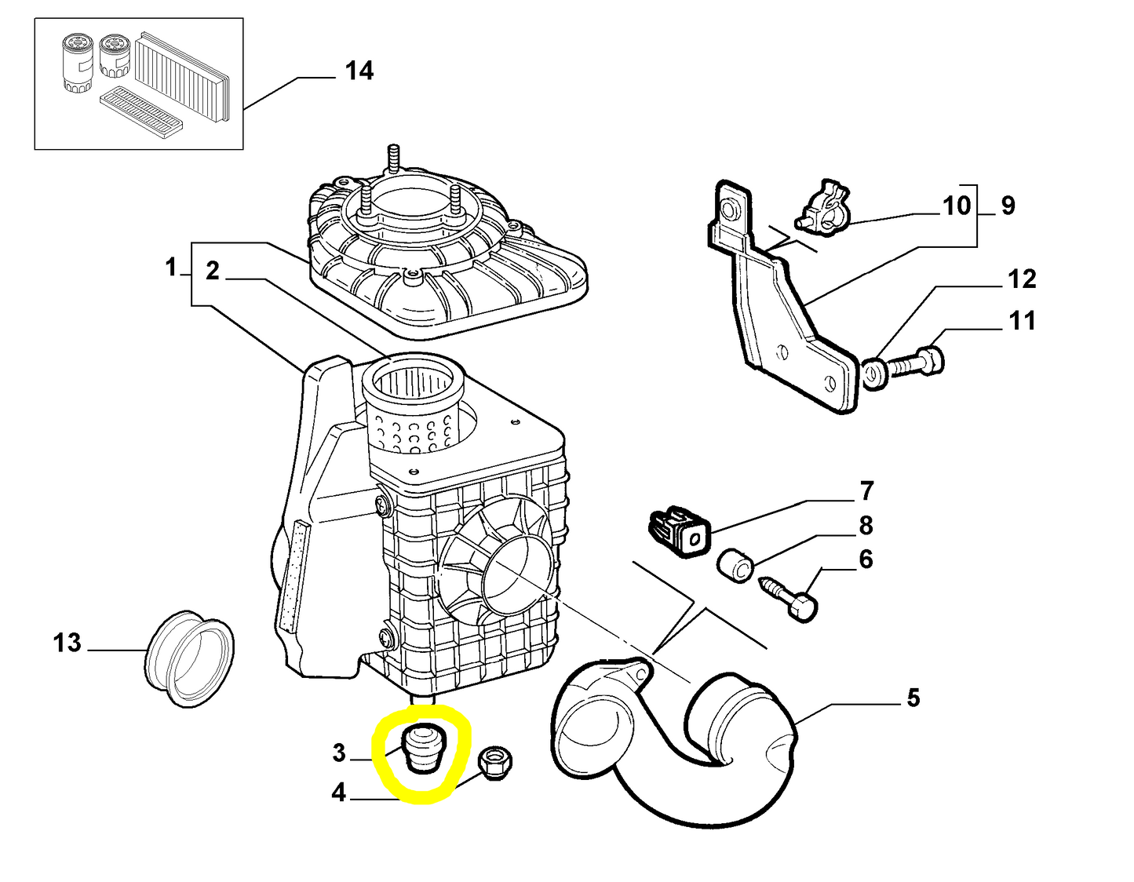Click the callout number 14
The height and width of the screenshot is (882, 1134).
359,71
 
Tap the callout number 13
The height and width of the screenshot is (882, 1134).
67,643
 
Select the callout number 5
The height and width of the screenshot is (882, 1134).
913,698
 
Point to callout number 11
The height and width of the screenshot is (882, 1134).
1022,320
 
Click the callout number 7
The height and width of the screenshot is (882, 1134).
866,491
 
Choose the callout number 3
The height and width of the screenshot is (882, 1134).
338,753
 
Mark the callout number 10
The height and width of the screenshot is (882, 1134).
957,206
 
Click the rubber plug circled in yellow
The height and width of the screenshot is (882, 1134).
422,750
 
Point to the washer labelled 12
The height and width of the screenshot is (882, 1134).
873,373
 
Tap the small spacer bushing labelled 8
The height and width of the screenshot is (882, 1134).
736,565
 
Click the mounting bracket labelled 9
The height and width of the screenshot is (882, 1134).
785,314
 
